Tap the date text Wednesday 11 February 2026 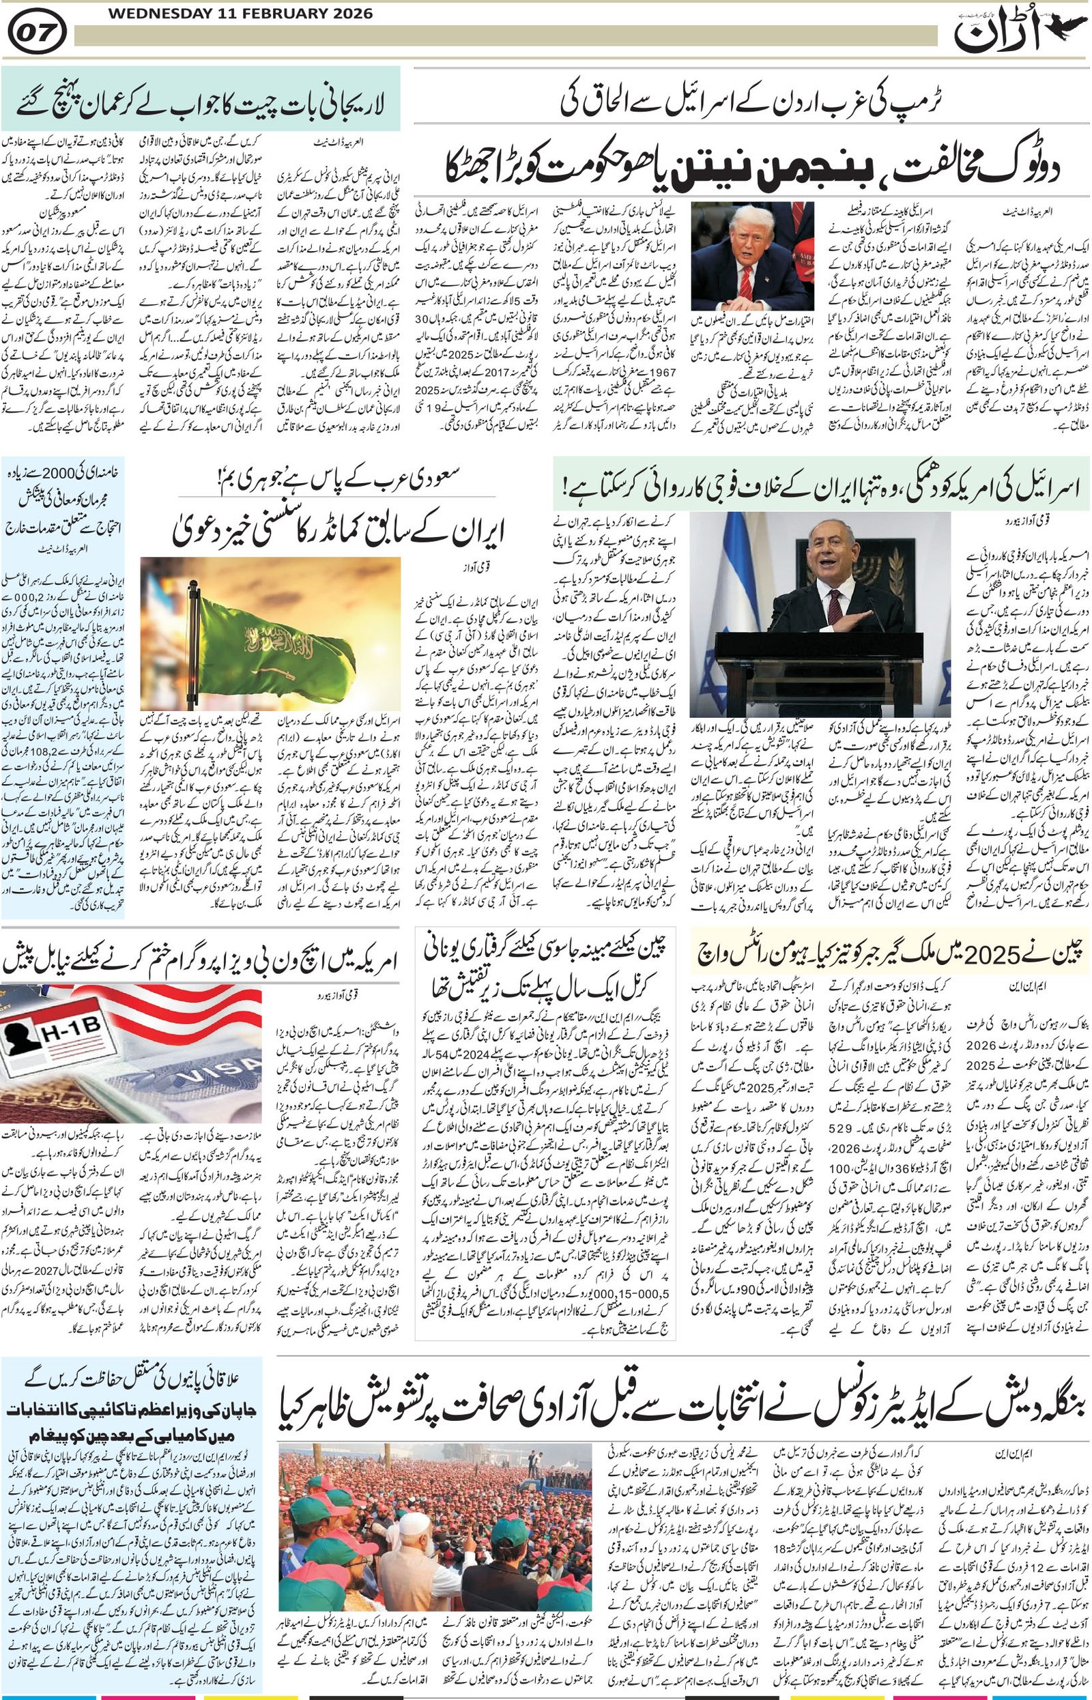(x=220, y=14)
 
